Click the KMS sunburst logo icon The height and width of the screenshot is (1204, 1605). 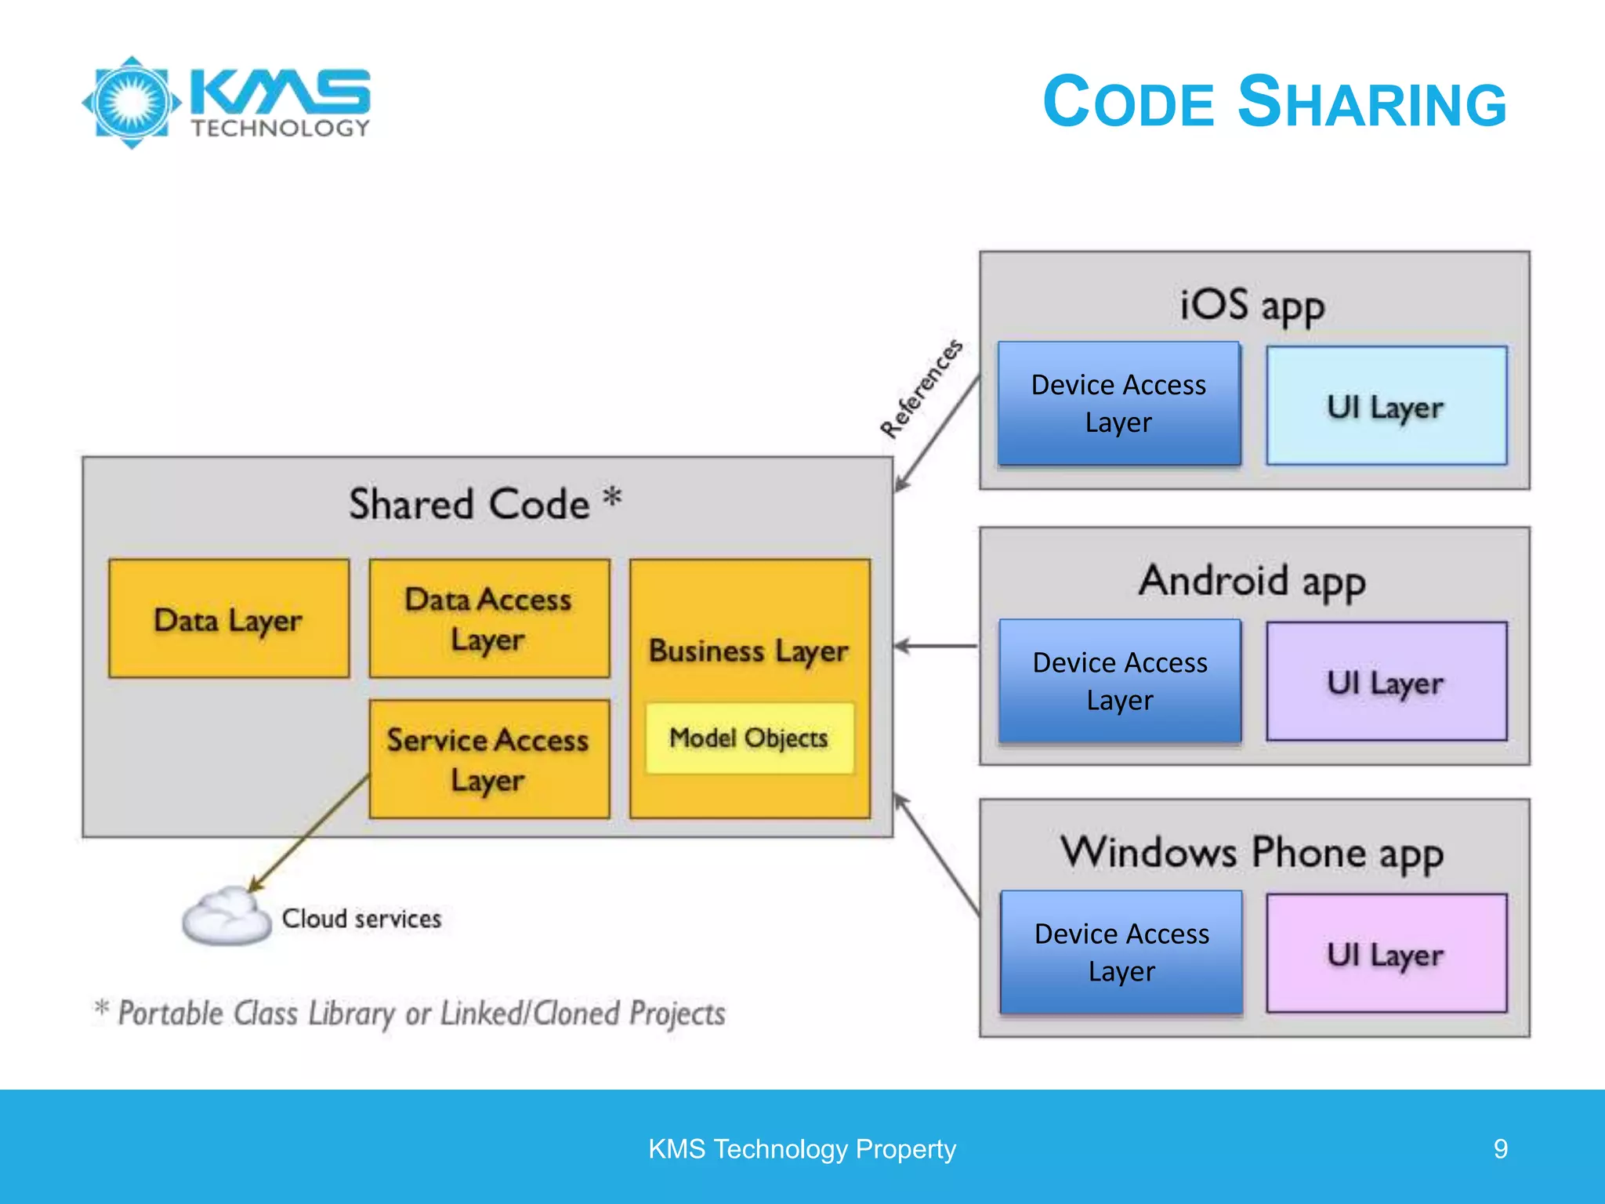pyautogui.click(x=132, y=103)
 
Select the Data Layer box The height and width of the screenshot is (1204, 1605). pyautogui.click(x=229, y=618)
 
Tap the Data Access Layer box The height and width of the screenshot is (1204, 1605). pyautogui.click(x=489, y=618)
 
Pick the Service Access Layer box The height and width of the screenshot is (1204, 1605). pyautogui.click(x=489, y=759)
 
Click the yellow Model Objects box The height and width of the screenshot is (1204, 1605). pyautogui.click(x=749, y=738)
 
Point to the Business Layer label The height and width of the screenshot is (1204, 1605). pyautogui.click(x=748, y=651)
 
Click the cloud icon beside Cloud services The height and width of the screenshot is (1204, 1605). pyautogui.click(x=226, y=917)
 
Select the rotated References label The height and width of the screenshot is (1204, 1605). pyautogui.click(x=921, y=389)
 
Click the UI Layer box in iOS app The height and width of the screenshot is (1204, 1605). pyautogui.click(x=1386, y=406)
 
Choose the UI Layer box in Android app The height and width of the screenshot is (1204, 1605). pyautogui.click(x=1386, y=682)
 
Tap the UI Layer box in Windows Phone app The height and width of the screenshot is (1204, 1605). pyautogui.click(x=1386, y=954)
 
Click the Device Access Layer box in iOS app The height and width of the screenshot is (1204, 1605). pyautogui.click(x=1119, y=404)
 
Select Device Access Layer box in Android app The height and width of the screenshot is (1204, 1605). pyautogui.click(x=1120, y=681)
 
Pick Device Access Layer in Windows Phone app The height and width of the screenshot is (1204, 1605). pyautogui.click(x=1121, y=952)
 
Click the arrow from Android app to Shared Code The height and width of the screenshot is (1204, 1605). pyautogui.click(x=937, y=647)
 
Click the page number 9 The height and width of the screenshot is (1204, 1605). pyautogui.click(x=1500, y=1149)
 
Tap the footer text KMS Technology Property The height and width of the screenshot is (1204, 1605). pyautogui.click(x=802, y=1149)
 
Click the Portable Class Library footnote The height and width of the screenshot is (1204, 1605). pyautogui.click(x=411, y=1014)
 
